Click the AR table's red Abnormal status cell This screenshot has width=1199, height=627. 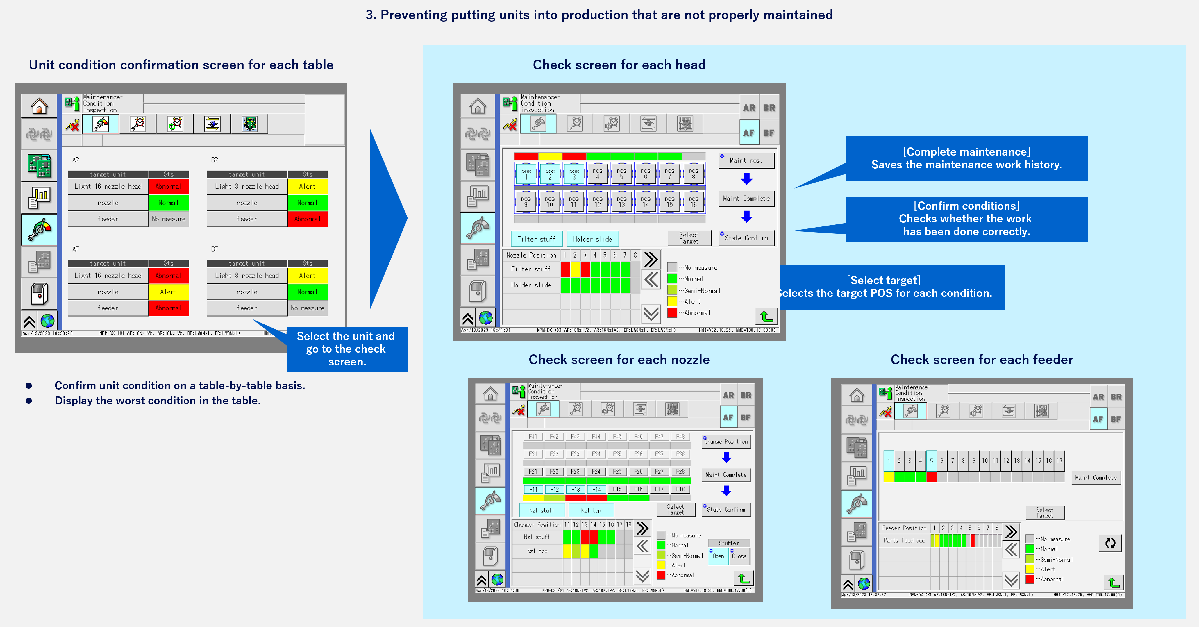pyautogui.click(x=169, y=187)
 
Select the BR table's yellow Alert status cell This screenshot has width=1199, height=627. pyautogui.click(x=307, y=187)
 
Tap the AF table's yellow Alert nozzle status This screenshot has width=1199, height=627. pyautogui.click(x=169, y=292)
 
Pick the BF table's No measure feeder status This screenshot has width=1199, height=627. pyautogui.click(x=307, y=308)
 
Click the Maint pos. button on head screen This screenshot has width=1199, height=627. pyautogui.click(x=746, y=160)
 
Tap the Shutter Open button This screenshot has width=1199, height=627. pyautogui.click(x=718, y=556)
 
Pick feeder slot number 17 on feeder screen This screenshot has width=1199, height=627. pyautogui.click(x=1059, y=461)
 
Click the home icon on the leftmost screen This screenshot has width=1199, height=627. pyautogui.click(x=39, y=106)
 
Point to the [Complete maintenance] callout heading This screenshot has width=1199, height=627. pyautogui.click(x=966, y=152)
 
